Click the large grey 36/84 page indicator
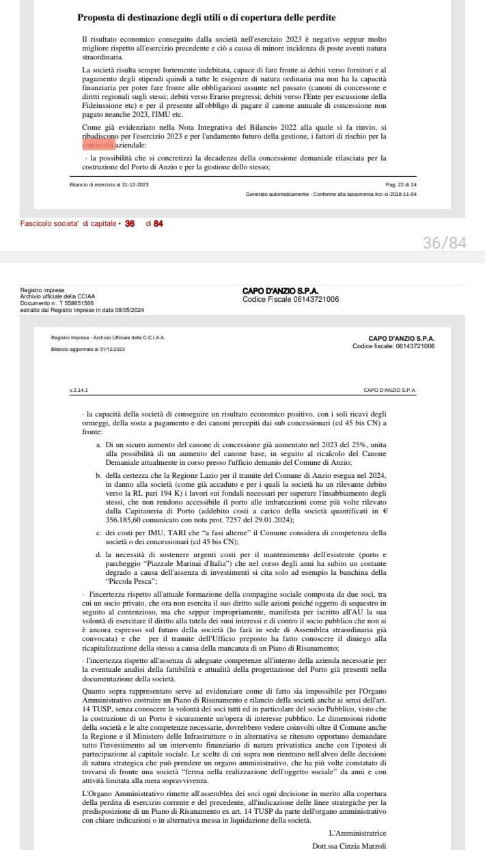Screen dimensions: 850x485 tap(445, 243)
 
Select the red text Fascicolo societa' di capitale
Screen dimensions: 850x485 tap(68, 223)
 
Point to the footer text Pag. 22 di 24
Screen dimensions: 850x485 tap(401, 185)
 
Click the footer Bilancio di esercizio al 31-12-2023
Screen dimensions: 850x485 tap(109, 185)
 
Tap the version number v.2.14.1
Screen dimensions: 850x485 tap(79, 390)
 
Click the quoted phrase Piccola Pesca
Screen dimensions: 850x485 tap(126, 581)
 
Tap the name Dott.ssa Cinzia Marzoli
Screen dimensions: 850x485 tap(348, 846)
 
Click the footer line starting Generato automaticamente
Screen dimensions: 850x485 tap(331, 195)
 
